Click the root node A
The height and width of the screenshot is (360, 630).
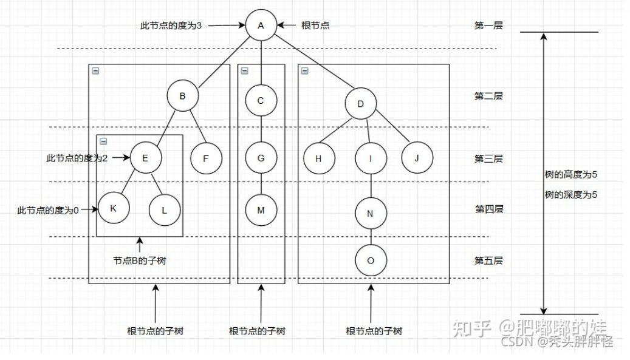click(x=261, y=25)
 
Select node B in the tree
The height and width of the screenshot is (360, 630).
click(x=182, y=96)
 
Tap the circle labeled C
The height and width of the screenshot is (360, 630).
click(x=261, y=101)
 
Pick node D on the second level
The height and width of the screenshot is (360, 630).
click(x=361, y=104)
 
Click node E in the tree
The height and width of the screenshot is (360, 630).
click(x=146, y=157)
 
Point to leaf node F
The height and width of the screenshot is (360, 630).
click(x=206, y=158)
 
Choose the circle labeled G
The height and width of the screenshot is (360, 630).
click(x=261, y=158)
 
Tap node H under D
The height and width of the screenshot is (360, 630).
click(x=319, y=158)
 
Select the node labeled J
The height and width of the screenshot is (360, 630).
click(x=417, y=158)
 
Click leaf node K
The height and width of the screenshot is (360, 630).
click(x=114, y=209)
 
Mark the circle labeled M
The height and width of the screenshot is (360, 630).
click(x=261, y=210)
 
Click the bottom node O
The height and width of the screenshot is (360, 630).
click(x=371, y=260)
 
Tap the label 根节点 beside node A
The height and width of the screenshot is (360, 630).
click(x=315, y=26)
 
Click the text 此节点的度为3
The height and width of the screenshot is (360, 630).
click(x=171, y=26)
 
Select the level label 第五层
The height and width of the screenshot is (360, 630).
click(x=488, y=261)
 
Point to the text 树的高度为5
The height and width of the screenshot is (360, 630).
click(x=572, y=175)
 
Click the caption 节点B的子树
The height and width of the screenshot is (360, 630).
click(x=140, y=260)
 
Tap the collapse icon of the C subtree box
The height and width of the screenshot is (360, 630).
click(x=244, y=70)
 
